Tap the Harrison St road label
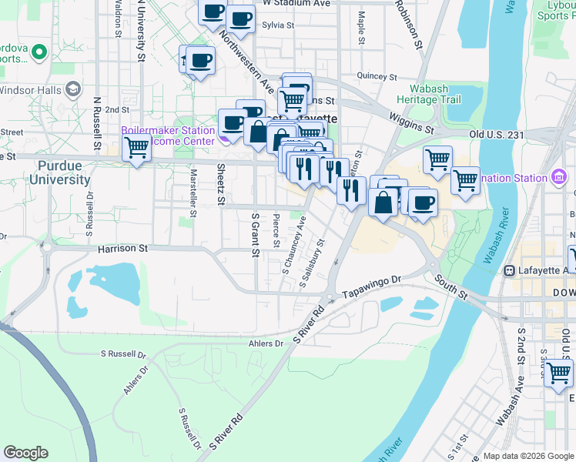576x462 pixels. pos(122,249)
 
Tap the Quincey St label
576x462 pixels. pos(377,77)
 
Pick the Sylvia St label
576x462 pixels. pos(278,25)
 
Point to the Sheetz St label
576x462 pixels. pos(219,185)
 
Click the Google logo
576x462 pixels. pos(25,453)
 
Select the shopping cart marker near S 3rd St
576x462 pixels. pos(558,373)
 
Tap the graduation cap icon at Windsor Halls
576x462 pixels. pos(73,89)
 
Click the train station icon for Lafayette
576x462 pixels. pos(509,270)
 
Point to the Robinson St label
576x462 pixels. pos(408,24)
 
